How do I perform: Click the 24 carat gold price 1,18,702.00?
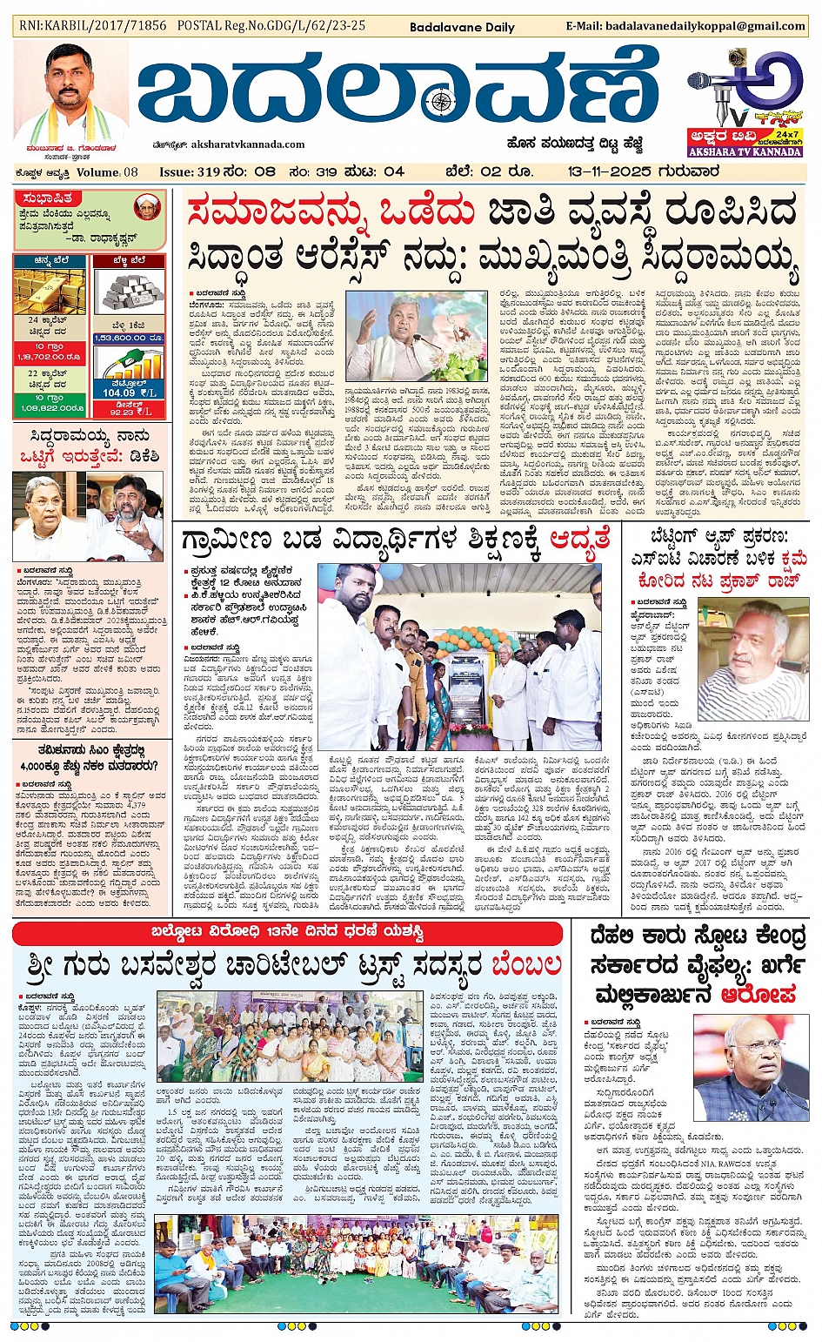tap(49, 357)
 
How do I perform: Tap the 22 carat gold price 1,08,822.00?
tap(49, 407)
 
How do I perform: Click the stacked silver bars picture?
tap(128, 292)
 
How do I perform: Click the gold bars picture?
tap(50, 292)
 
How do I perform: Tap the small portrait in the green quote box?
tap(148, 206)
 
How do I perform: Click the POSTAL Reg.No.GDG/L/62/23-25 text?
tap(271, 25)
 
